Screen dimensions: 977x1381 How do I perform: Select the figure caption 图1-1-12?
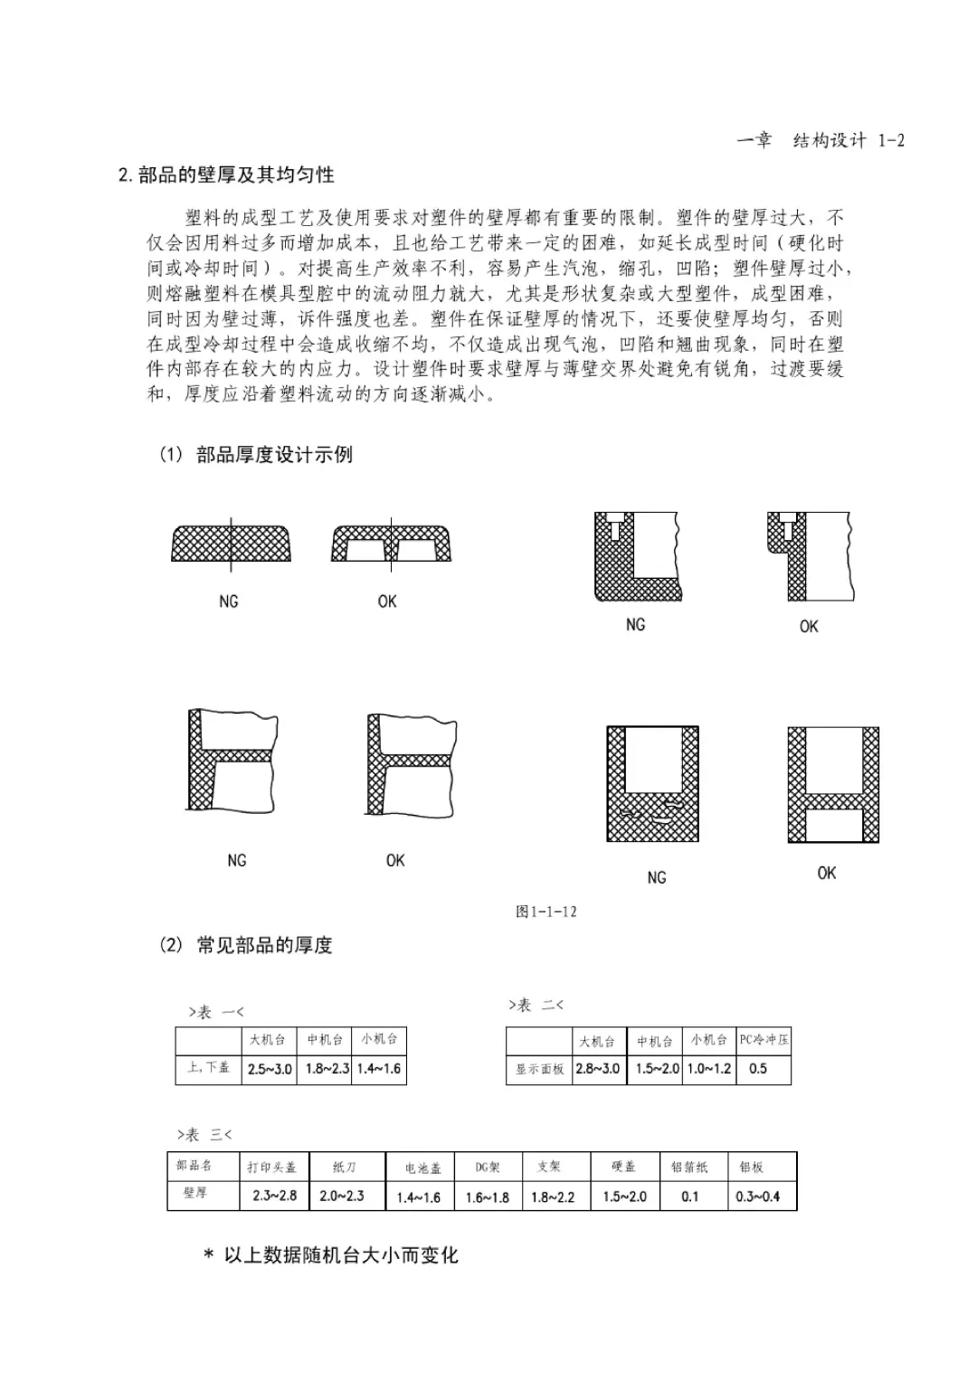(x=545, y=911)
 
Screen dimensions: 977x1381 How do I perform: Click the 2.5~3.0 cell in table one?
(x=270, y=1068)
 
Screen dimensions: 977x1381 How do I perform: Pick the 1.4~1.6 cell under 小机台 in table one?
(x=379, y=1068)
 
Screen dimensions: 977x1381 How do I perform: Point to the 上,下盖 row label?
(x=209, y=1068)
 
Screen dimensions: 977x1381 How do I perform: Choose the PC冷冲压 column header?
(x=764, y=1040)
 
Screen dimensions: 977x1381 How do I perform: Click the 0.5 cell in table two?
(x=757, y=1068)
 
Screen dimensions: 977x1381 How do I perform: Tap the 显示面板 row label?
(x=539, y=1069)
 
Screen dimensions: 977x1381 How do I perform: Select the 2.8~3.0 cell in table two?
(x=598, y=1068)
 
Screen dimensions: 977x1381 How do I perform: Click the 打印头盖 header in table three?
(x=271, y=1167)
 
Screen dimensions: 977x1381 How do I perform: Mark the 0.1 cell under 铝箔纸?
(x=690, y=1197)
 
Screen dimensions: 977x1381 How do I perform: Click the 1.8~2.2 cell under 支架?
(x=553, y=1197)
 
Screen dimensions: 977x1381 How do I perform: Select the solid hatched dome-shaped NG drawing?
(x=231, y=544)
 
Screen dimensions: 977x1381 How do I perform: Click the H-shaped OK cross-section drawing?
(x=832, y=784)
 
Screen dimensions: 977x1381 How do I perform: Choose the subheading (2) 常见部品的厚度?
(x=246, y=945)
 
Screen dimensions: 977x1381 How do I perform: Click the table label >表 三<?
(x=204, y=1134)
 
